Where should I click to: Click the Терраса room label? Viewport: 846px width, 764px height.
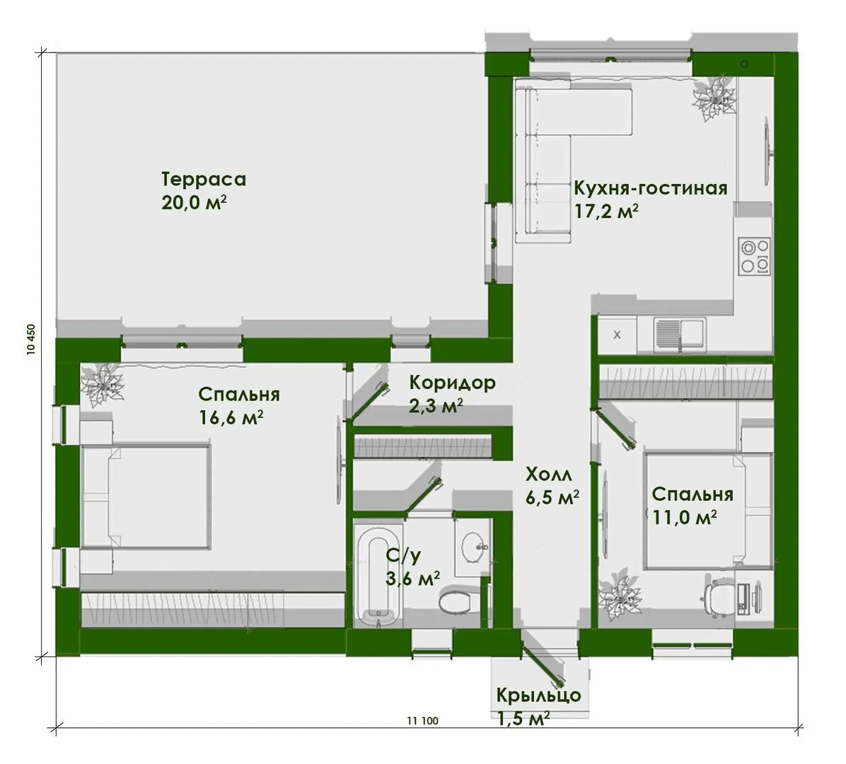pos(204,179)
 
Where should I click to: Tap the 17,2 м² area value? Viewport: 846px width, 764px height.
pos(606,212)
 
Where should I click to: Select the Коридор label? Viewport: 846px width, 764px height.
pos(452,383)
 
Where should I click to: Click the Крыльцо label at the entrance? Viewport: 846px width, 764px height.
pos(538,695)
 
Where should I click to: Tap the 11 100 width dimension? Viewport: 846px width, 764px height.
pos(422,721)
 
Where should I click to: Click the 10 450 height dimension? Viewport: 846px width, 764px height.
pos(30,340)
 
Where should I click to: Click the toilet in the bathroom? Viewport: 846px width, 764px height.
pos(458,601)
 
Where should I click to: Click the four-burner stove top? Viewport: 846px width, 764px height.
pos(754,256)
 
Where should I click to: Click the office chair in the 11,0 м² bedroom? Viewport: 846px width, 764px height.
pos(717,595)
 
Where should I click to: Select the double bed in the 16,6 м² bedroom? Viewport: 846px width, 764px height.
pos(146,495)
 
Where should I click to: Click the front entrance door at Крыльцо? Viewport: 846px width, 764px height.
pos(543,657)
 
